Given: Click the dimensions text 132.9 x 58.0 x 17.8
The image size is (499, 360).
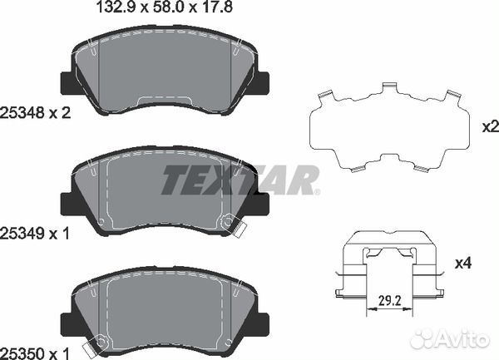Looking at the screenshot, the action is point(164,7).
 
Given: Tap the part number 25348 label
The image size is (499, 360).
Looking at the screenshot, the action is point(22,113).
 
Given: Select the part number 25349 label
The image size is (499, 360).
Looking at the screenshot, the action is point(22,234).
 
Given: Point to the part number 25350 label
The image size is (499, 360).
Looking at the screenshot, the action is point(22,353).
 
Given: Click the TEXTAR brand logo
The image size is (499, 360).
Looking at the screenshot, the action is point(240,180).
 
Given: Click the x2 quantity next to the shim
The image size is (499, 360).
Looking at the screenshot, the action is point(491,127).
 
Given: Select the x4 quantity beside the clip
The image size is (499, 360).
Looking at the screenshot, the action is point(463,264).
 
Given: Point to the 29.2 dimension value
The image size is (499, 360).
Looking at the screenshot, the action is point(389,300).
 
